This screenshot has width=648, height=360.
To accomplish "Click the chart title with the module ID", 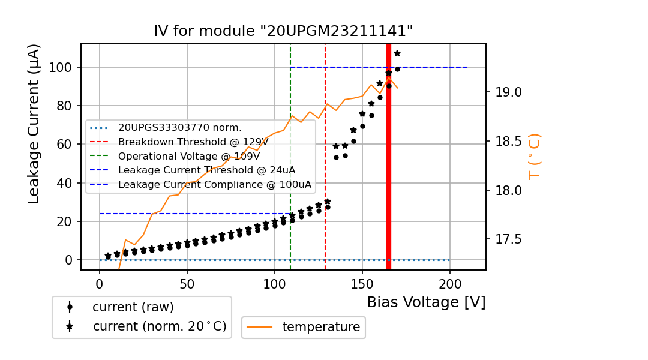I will pos(283,31).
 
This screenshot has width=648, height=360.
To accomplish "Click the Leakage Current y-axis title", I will pos(34,124).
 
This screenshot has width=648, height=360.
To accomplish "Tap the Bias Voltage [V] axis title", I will pos(426,302).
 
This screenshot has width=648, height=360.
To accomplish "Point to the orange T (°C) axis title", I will pos(534,157).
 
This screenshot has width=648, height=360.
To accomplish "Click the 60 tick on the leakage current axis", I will pos(67,144).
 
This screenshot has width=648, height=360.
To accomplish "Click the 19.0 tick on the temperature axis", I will pos(508,92).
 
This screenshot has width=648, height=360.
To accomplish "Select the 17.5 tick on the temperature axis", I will pos(508,239).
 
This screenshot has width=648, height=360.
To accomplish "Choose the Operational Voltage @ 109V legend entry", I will pos(188,156).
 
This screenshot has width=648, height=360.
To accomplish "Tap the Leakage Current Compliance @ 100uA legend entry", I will pos(215,184).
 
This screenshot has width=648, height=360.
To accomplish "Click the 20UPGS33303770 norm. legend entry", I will pos(179,127).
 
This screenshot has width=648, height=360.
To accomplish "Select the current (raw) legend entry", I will pos(133,307).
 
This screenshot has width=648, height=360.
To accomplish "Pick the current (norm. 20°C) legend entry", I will pos(159,326).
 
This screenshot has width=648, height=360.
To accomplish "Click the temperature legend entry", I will pos(320,327).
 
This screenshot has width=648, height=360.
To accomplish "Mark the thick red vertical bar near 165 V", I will pos(389,156).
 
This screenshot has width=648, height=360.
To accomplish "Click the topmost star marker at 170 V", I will pos(397,53).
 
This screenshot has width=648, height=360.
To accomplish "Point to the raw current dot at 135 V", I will pos(336,157).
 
